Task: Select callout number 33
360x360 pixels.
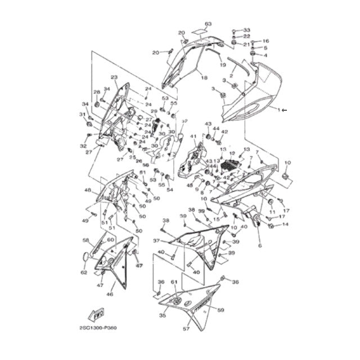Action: pyautogui.click(x=246, y=29)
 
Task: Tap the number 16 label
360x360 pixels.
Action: pyautogui.click(x=265, y=41)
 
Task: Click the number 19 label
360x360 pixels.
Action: pyautogui.click(x=222, y=66)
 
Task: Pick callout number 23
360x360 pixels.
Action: pyautogui.click(x=114, y=77)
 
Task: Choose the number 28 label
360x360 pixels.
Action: pyautogui.click(x=96, y=92)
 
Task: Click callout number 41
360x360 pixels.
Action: pyautogui.click(x=192, y=137)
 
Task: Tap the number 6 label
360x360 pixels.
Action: pyautogui.click(x=260, y=246)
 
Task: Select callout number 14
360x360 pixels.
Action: pyautogui.click(x=285, y=224)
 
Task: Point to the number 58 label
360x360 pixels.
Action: pyautogui.click(x=85, y=240)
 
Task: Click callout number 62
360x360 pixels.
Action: pyautogui.click(x=84, y=273)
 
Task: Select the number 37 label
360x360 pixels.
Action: pyautogui.click(x=156, y=241)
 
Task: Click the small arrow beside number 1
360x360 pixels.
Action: pyautogui.click(x=284, y=110)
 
